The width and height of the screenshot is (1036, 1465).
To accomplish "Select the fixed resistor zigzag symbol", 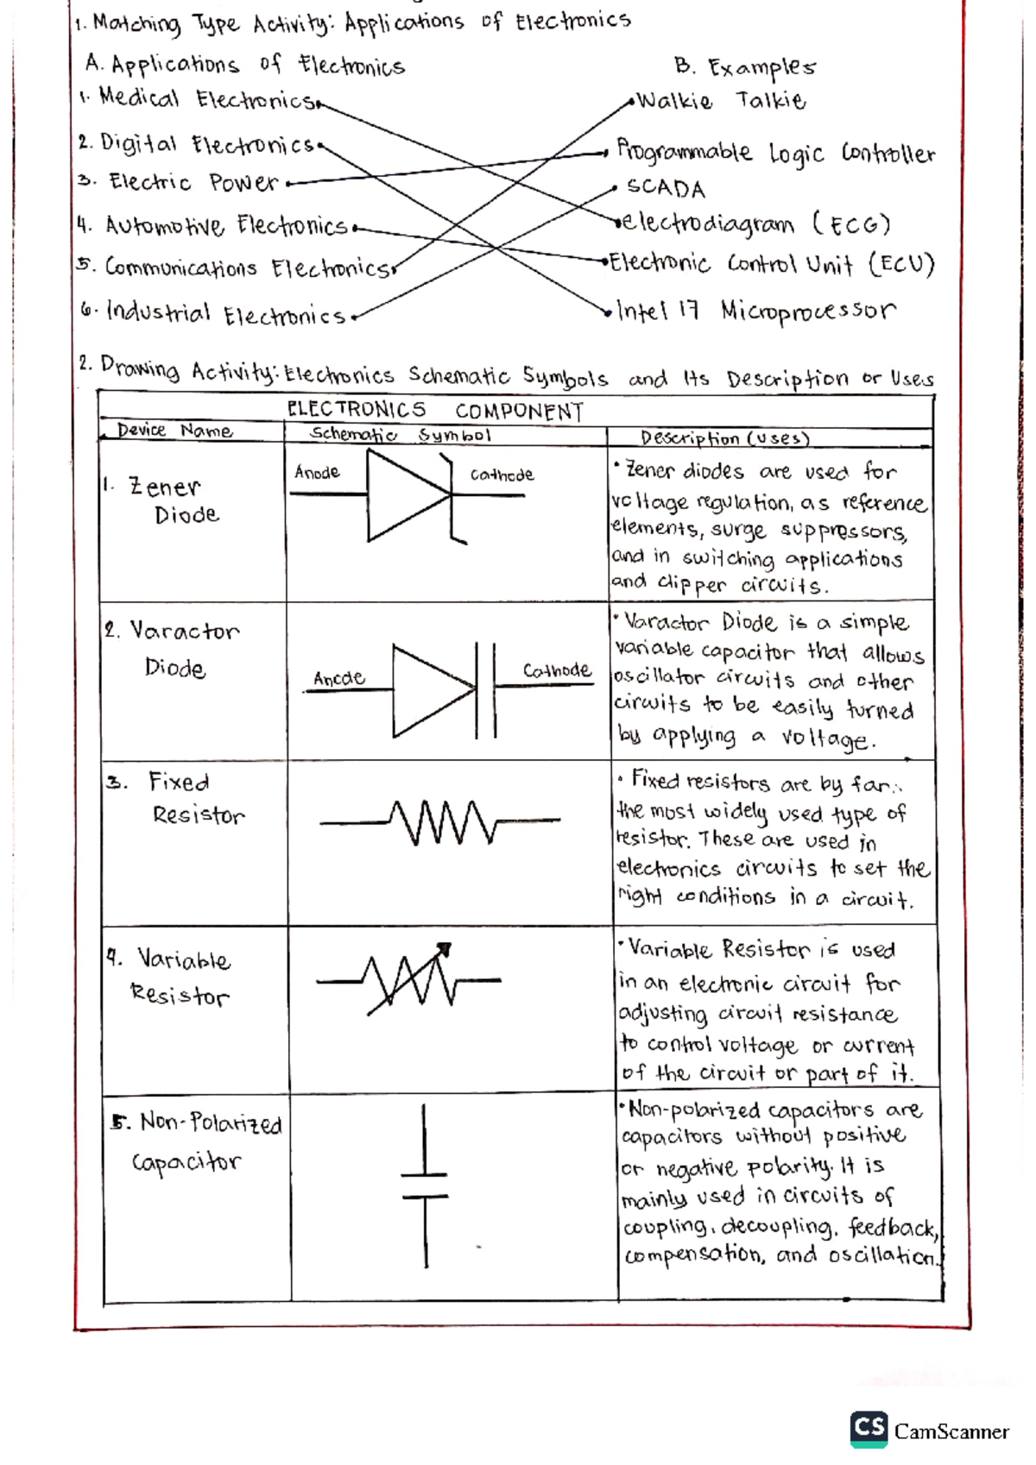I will point(440,822).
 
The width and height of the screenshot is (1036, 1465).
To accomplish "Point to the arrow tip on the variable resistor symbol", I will point(446,949).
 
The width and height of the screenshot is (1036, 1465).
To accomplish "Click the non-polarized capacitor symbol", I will point(425,1186).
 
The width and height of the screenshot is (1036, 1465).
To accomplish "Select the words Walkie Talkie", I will point(721,101).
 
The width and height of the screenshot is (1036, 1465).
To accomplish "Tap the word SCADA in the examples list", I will point(666,188).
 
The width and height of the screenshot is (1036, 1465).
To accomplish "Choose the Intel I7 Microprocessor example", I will point(755,311).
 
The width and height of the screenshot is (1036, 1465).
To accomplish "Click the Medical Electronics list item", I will point(205,98).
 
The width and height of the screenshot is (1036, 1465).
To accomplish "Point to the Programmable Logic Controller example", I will point(774,154).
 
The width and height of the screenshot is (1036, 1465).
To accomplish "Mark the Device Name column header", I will point(174,431).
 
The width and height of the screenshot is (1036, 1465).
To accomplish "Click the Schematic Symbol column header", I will point(401,435).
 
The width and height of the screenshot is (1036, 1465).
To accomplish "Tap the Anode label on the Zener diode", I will point(317,472).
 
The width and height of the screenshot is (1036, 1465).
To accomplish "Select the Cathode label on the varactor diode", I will point(557,670).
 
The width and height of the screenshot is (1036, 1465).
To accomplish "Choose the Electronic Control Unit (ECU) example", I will point(771,263).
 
